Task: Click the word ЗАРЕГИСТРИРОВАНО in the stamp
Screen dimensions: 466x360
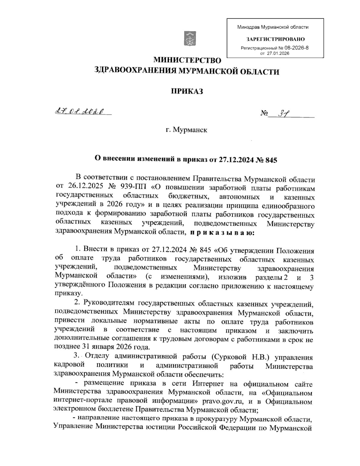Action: point(275,39)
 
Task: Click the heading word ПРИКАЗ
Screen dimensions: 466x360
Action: point(187,91)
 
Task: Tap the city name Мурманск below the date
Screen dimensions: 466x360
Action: point(192,131)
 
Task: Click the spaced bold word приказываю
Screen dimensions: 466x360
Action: point(222,232)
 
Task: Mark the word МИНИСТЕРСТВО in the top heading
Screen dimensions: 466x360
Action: point(187,60)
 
